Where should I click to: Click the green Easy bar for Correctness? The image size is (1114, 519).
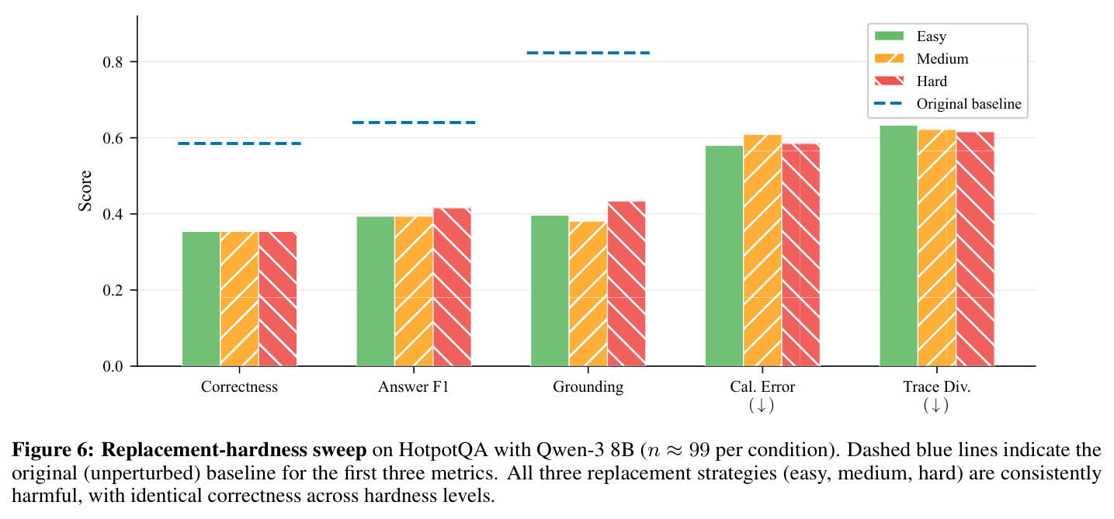tap(201, 299)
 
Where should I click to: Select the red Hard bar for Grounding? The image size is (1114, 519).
tap(626, 284)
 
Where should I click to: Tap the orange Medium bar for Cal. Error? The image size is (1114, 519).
tap(762, 251)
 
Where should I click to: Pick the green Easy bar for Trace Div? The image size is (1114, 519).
tap(899, 246)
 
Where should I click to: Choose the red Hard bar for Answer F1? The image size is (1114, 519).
tap(452, 287)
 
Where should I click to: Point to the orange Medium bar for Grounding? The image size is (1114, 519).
tap(588, 294)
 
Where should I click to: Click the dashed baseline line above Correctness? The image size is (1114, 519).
tap(240, 144)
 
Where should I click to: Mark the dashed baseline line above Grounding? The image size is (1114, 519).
tap(588, 53)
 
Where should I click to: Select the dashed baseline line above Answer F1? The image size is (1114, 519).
tap(414, 123)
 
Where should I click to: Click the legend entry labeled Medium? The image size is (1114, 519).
tap(921, 59)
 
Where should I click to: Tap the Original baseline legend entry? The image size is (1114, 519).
tap(948, 103)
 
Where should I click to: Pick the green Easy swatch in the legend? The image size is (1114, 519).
tap(889, 36)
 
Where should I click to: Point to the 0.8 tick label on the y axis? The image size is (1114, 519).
tap(113, 62)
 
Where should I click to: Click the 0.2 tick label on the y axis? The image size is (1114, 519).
tap(113, 290)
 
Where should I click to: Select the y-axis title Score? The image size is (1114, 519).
tap(85, 191)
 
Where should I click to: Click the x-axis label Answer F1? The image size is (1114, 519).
tap(414, 387)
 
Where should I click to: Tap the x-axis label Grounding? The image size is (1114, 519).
tap(588, 387)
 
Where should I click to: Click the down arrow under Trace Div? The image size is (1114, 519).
tap(936, 406)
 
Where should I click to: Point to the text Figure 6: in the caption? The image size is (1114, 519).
tap(53, 450)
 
